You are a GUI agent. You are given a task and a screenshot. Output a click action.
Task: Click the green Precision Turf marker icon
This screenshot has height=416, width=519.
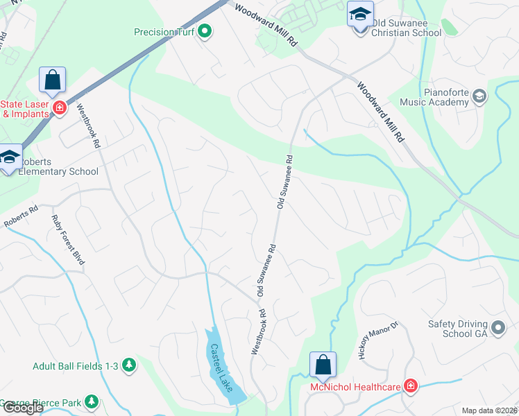pyautogui.click(x=205, y=31)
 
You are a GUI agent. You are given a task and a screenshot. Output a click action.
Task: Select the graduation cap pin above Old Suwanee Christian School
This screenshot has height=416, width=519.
pyautogui.click(x=360, y=15)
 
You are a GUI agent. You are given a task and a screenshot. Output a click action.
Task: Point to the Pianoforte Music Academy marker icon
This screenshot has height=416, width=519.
pyautogui.click(x=479, y=97)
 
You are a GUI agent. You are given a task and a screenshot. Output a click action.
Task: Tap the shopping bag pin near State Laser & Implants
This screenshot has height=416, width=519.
pyautogui.click(x=53, y=81)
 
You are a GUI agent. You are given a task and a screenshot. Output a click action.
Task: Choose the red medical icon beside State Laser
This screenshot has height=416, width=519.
pyautogui.click(x=60, y=107)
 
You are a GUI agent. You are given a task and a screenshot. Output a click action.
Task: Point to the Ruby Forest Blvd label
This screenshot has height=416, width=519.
pyautogui.click(x=68, y=240)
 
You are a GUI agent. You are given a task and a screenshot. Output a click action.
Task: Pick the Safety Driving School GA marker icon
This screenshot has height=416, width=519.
pyautogui.click(x=497, y=327)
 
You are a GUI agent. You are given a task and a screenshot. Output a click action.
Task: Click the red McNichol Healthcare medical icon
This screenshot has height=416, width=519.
pyautogui.click(x=411, y=385)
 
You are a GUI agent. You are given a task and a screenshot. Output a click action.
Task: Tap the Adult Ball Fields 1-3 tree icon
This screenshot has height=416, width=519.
pyautogui.click(x=128, y=364)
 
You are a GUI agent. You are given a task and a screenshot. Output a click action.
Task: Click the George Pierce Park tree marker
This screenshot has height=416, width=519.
pyautogui.click(x=91, y=401)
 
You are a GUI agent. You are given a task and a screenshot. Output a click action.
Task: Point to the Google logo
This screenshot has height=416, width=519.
pyautogui.click(x=22, y=408)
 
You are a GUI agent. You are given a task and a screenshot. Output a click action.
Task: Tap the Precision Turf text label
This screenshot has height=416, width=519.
pyautogui.click(x=165, y=31)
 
